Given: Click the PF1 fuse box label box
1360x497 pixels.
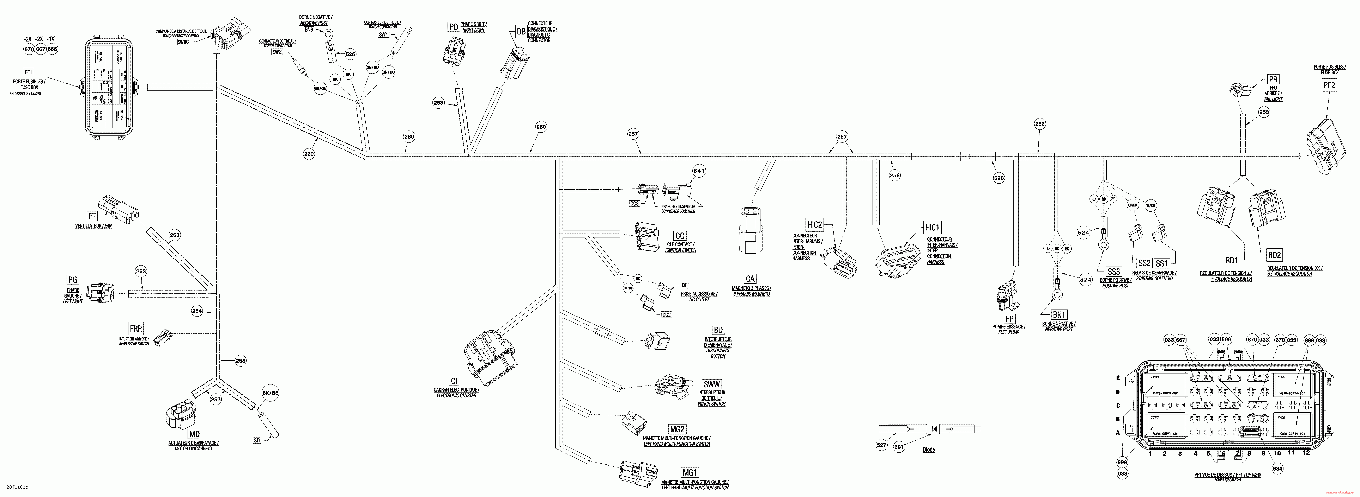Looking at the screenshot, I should (x=28, y=72).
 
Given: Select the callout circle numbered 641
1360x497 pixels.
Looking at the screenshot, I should (x=698, y=171).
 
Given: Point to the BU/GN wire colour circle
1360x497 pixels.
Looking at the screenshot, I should (x=320, y=89).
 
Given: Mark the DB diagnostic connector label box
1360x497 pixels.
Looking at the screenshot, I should (x=521, y=32).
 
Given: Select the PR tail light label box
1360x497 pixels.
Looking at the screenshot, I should (x=1273, y=79).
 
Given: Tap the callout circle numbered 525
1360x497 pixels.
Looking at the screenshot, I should (x=350, y=54).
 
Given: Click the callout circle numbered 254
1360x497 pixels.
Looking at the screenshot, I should (x=197, y=311).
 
